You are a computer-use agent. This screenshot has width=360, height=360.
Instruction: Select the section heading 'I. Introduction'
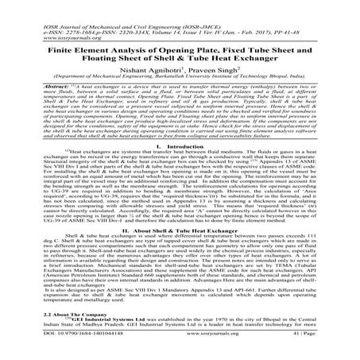pos(180,147)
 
